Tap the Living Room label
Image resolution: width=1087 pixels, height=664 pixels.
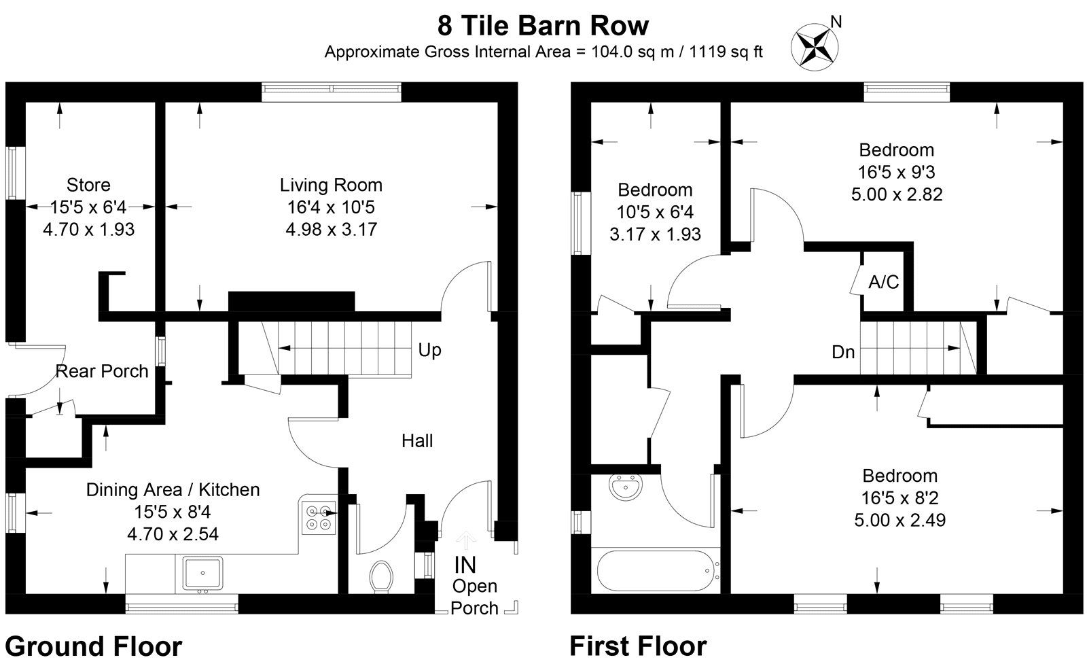tap(331, 185)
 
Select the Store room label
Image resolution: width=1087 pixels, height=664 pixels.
tap(88, 185)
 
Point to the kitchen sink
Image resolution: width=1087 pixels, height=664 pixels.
tap(202, 573)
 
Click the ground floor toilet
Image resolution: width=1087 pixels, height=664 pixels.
tap(381, 576)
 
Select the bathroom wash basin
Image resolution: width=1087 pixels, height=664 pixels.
tap(626, 487)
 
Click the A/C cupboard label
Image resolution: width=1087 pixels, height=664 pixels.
tap(884, 282)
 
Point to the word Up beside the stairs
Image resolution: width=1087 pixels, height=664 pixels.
tap(429, 350)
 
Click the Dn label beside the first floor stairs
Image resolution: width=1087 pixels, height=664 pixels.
tap(843, 352)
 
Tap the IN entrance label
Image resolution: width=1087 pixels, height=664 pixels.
tap(465, 565)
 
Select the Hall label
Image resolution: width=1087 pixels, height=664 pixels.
tap(417, 441)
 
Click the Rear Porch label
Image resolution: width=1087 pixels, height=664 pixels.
tap(102, 371)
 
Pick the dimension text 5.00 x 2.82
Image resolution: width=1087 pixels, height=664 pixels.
tap(897, 194)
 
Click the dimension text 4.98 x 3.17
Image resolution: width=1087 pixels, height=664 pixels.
tap(331, 230)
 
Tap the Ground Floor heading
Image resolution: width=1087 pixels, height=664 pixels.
tap(94, 646)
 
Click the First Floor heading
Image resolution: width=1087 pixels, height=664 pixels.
tap(638, 646)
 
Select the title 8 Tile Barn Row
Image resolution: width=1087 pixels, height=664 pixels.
tap(543, 26)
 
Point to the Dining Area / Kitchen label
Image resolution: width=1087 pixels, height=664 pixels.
tap(173, 490)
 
